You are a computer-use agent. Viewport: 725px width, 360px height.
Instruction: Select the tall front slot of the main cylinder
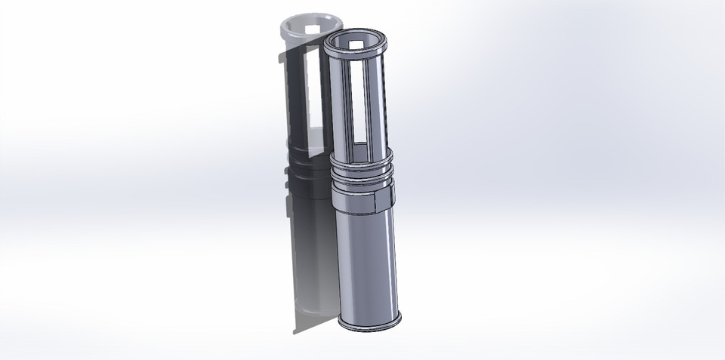tap(360, 106)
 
